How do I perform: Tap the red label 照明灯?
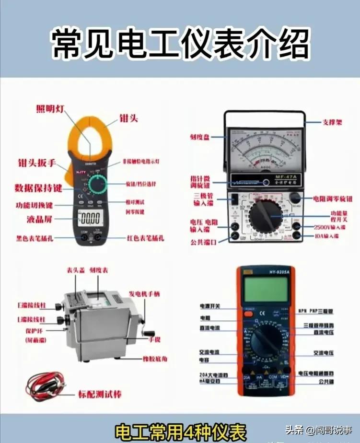50,108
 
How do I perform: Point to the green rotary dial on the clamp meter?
100,185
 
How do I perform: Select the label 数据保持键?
38,187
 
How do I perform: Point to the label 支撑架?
332,123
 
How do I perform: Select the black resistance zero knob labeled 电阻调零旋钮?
294,198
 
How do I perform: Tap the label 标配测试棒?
100,395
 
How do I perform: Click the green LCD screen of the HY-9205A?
265,289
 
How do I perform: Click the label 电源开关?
210,306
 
